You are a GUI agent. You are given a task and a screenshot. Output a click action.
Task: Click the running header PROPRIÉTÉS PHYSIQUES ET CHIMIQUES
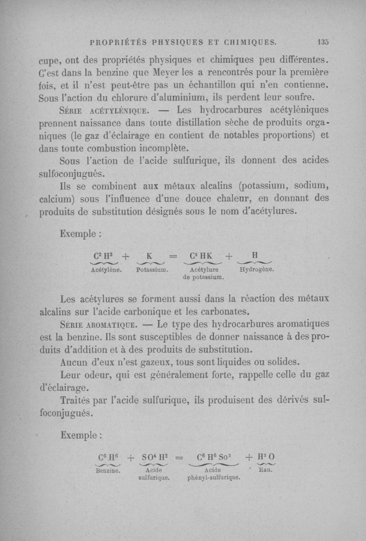pos(182,42)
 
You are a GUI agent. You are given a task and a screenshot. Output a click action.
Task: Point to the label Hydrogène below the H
pos(256,269)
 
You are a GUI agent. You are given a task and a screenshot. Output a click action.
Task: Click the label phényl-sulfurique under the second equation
pos(213,478)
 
